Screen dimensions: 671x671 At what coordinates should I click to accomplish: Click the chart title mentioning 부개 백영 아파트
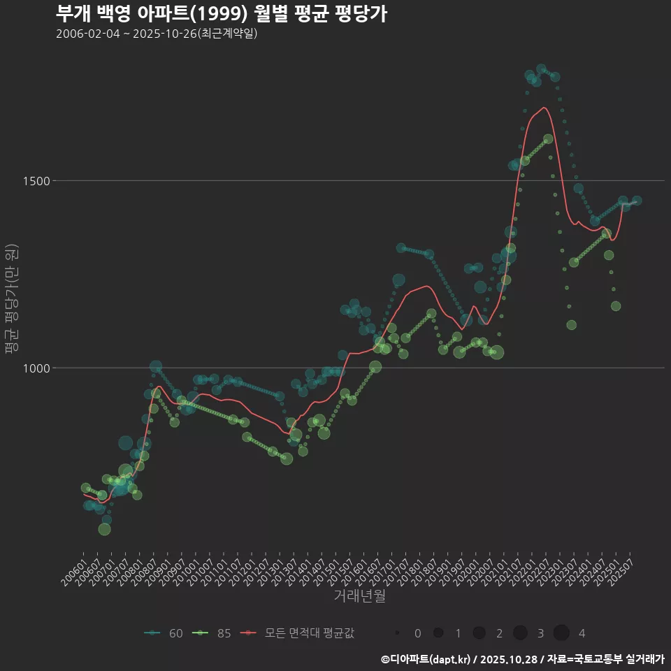[x=221, y=14]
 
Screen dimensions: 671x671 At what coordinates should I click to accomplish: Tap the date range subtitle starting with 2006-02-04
[x=157, y=34]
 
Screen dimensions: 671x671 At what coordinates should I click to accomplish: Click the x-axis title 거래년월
[x=359, y=596]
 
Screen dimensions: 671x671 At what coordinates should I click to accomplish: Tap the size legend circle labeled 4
[x=561, y=633]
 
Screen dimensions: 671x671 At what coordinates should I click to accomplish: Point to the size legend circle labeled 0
[x=397, y=633]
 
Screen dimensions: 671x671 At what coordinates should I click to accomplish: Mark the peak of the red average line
[x=544, y=108]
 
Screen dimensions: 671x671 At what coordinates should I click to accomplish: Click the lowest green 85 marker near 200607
[x=104, y=529]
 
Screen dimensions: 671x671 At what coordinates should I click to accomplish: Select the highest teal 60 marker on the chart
[x=541, y=69]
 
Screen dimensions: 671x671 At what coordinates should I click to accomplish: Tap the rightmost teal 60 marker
[x=637, y=201]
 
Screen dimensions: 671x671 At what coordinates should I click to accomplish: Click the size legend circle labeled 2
[x=479, y=633]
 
